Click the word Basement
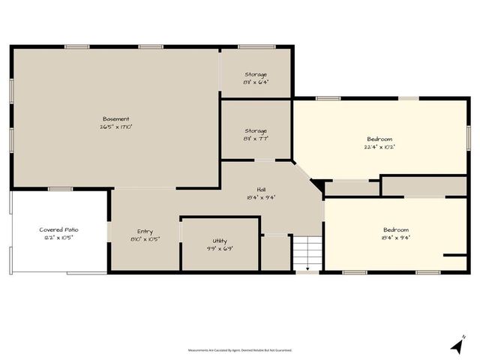click(x=116, y=118)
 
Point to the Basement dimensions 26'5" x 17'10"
click(x=116, y=127)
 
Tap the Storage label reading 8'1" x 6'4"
click(x=256, y=74)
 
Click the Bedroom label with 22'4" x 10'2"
click(x=379, y=139)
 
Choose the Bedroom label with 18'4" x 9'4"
click(x=396, y=229)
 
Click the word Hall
click(x=261, y=190)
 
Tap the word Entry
click(x=145, y=231)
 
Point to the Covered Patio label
click(x=59, y=229)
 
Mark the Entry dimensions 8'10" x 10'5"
click(x=145, y=238)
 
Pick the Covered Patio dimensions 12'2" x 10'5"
click(x=59, y=237)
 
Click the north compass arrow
click(x=456, y=346)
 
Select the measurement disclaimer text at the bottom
click(x=240, y=349)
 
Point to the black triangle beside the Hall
click(x=318, y=184)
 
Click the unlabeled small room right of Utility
click(x=276, y=253)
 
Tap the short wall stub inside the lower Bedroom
click(x=454, y=256)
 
